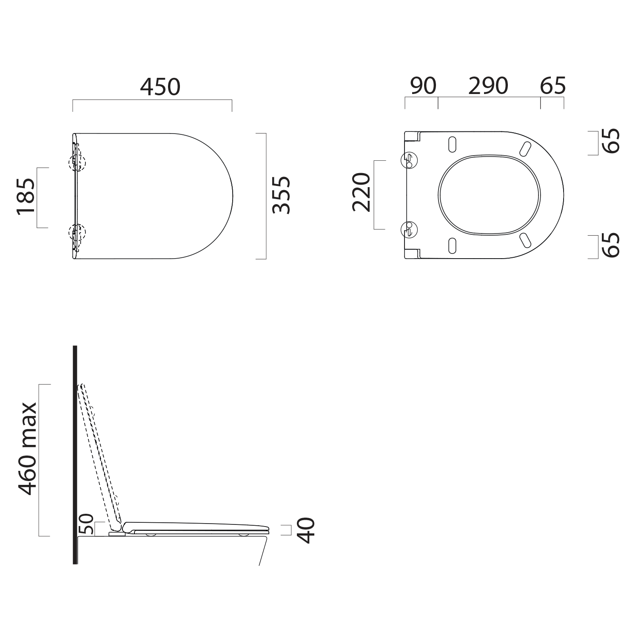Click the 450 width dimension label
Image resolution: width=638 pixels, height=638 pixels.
click(x=160, y=87)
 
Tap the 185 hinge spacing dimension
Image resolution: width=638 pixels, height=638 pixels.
click(x=26, y=198)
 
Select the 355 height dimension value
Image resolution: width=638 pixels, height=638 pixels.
click(x=282, y=194)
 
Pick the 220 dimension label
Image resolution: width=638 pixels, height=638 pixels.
click(x=362, y=192)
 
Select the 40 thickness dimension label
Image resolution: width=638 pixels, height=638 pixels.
click(x=306, y=530)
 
